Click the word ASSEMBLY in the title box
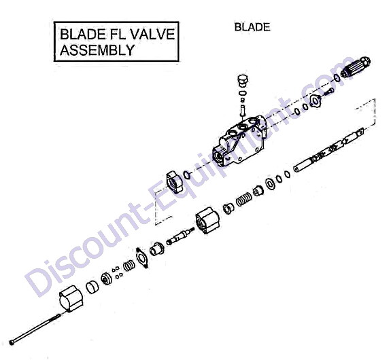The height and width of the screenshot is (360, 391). [97, 50]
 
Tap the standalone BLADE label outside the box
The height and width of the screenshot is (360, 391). [252, 27]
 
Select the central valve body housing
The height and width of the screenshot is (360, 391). [239, 141]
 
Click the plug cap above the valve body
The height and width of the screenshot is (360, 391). [241, 80]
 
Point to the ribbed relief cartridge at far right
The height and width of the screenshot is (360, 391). [356, 67]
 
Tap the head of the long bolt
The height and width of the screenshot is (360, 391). [12, 342]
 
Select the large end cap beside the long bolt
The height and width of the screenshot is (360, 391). [71, 298]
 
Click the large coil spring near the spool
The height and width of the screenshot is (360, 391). [243, 199]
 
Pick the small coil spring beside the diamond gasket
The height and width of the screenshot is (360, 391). [129, 266]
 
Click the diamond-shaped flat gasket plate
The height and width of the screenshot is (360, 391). [142, 258]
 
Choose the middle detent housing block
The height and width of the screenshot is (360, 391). [207, 220]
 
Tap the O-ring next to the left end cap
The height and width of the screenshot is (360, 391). [187, 175]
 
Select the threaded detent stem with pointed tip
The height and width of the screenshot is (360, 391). [180, 235]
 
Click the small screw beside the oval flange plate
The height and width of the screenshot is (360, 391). [329, 92]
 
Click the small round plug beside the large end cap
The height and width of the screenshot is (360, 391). [92, 287]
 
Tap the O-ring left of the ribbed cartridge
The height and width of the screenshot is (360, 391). [337, 77]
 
